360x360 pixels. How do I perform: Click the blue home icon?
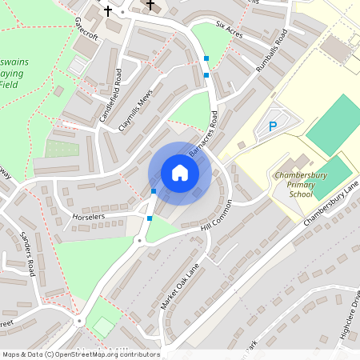pyautogui.click(x=180, y=172)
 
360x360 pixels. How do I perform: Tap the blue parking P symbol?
pyautogui.click(x=273, y=126)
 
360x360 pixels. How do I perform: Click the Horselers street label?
pyautogui.click(x=89, y=217)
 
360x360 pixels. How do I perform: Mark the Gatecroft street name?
pyautogui.click(x=85, y=27)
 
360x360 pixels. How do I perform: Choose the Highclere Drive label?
pyautogui.click(x=350, y=320)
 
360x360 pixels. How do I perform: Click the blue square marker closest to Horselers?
pyautogui.click(x=150, y=218)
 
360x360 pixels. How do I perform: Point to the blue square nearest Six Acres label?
pyautogui.click(x=207, y=58)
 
